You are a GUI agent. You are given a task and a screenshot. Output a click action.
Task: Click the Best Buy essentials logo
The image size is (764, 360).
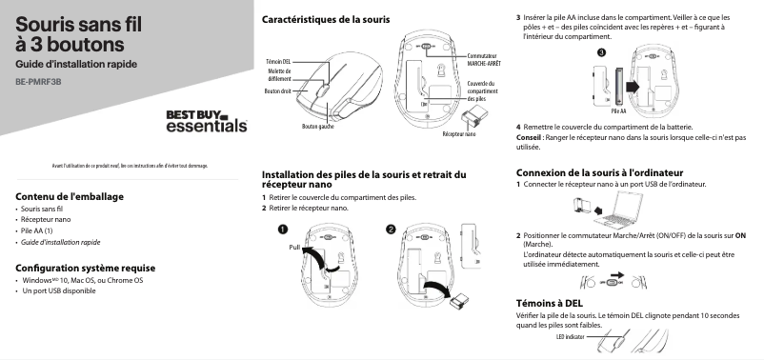[207, 121]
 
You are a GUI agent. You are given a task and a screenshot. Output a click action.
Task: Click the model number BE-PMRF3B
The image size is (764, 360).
[38, 82]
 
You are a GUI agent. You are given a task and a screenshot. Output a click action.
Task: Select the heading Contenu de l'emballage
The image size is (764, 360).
[70, 196]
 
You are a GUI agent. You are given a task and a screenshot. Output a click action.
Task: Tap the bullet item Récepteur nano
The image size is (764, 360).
[46, 220]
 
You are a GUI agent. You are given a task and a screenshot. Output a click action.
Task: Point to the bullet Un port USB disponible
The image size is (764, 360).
[59, 290]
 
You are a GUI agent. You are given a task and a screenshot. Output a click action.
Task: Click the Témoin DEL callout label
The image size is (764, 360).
[278, 62]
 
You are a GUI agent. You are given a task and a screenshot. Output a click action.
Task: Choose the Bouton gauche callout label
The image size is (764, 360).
[317, 127]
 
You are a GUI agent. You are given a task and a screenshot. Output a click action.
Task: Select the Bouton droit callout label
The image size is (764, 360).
[278, 91]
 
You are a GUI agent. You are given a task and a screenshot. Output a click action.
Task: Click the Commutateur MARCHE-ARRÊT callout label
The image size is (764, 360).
[484, 60]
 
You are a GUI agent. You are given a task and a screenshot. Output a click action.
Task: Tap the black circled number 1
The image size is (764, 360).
[283, 230]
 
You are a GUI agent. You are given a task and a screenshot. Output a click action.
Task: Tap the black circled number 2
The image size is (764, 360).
[391, 230]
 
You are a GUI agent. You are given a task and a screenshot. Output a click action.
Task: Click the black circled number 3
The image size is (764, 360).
[602, 52]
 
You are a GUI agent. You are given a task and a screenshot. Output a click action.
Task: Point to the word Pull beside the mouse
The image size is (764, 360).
[294, 248]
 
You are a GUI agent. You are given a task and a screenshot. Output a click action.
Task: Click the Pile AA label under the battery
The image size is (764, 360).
[618, 111]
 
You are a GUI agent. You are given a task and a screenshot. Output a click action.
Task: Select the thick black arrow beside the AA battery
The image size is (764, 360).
[632, 87]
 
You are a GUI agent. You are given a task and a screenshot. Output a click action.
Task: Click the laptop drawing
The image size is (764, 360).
[620, 210]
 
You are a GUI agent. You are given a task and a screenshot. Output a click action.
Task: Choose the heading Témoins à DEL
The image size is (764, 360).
[549, 303]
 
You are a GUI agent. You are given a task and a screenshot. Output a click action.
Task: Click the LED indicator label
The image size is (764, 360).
[570, 336]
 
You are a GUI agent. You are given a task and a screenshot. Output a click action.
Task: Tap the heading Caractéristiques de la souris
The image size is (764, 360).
[326, 19]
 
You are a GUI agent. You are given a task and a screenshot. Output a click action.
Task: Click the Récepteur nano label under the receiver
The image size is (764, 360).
[459, 134]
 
